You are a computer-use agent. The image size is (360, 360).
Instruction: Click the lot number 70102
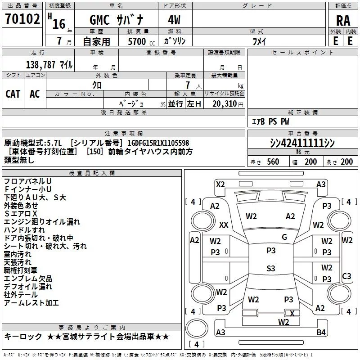(x=22, y=19)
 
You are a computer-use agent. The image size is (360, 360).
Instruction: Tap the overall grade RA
(x=343, y=20)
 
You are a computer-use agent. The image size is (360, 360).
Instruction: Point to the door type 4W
(x=175, y=20)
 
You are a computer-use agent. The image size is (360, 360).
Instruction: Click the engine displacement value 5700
(x=137, y=42)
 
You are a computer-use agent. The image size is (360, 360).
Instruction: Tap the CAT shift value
(x=13, y=94)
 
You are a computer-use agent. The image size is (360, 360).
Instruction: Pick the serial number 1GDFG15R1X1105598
(x=158, y=143)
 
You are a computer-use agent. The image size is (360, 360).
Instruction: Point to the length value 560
(x=273, y=162)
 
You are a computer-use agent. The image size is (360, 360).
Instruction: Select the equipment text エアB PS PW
(x=270, y=121)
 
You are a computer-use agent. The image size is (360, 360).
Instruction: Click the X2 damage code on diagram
(x=220, y=184)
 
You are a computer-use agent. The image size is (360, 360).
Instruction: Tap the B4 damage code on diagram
(x=321, y=332)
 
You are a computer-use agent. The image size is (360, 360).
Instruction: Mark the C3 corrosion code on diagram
(x=346, y=276)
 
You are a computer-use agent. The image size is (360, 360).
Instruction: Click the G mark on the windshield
(x=284, y=237)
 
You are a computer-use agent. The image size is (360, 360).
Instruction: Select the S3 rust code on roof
(x=270, y=269)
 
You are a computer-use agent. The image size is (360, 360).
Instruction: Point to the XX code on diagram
(x=224, y=225)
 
